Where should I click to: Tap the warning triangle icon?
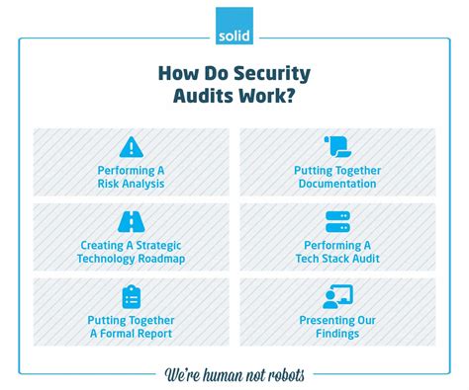(131, 148)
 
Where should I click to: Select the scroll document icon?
(335, 148)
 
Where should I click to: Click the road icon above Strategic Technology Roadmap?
(131, 222)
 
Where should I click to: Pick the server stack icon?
(335, 222)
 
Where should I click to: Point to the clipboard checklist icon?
(131, 296)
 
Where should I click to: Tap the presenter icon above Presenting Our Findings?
(335, 296)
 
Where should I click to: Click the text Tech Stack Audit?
(336, 259)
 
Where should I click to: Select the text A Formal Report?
(131, 334)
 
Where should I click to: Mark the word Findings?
(336, 334)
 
